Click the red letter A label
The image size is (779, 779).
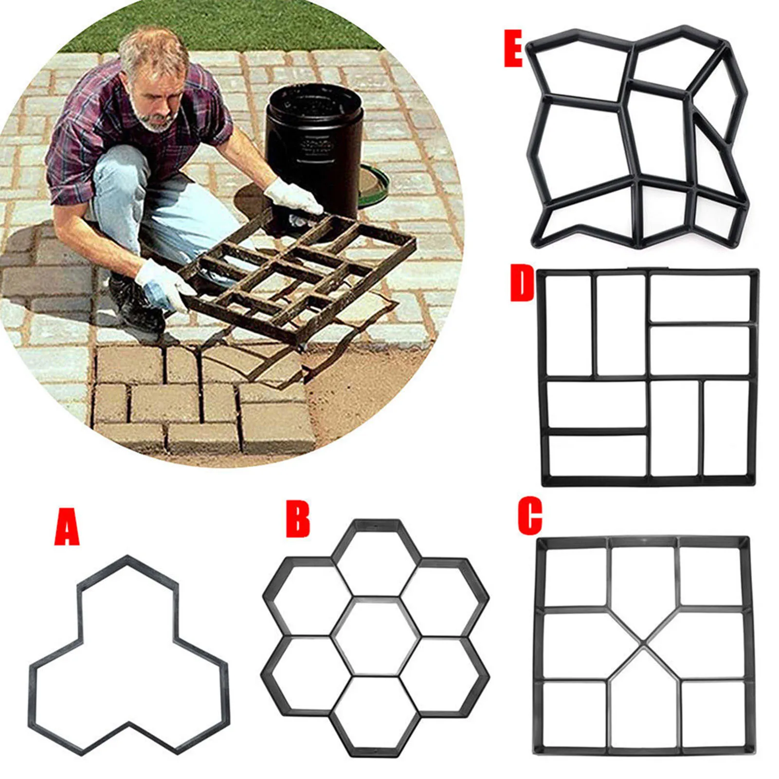[x=67, y=527]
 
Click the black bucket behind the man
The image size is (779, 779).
[x=314, y=146]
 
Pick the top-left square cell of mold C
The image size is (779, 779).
[x=574, y=576]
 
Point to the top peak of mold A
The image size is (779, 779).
[x=128, y=559]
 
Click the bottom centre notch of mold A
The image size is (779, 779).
[x=128, y=725]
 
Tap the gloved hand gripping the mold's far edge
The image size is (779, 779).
[x=292, y=197]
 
